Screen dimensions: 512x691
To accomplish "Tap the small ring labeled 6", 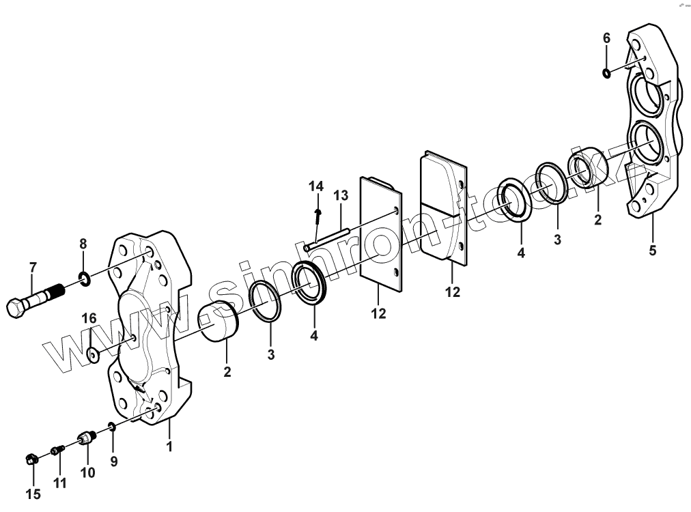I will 606,72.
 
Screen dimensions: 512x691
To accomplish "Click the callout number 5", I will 652,251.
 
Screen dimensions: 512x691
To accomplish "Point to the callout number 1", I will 169,447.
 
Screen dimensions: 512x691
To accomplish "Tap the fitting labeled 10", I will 86,438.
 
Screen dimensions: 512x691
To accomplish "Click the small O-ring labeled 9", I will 111,427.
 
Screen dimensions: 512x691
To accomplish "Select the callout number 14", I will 315,186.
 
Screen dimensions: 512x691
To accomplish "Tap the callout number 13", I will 341,196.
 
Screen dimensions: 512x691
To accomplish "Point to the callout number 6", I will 606,38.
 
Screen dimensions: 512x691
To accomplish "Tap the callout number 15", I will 33,494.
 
